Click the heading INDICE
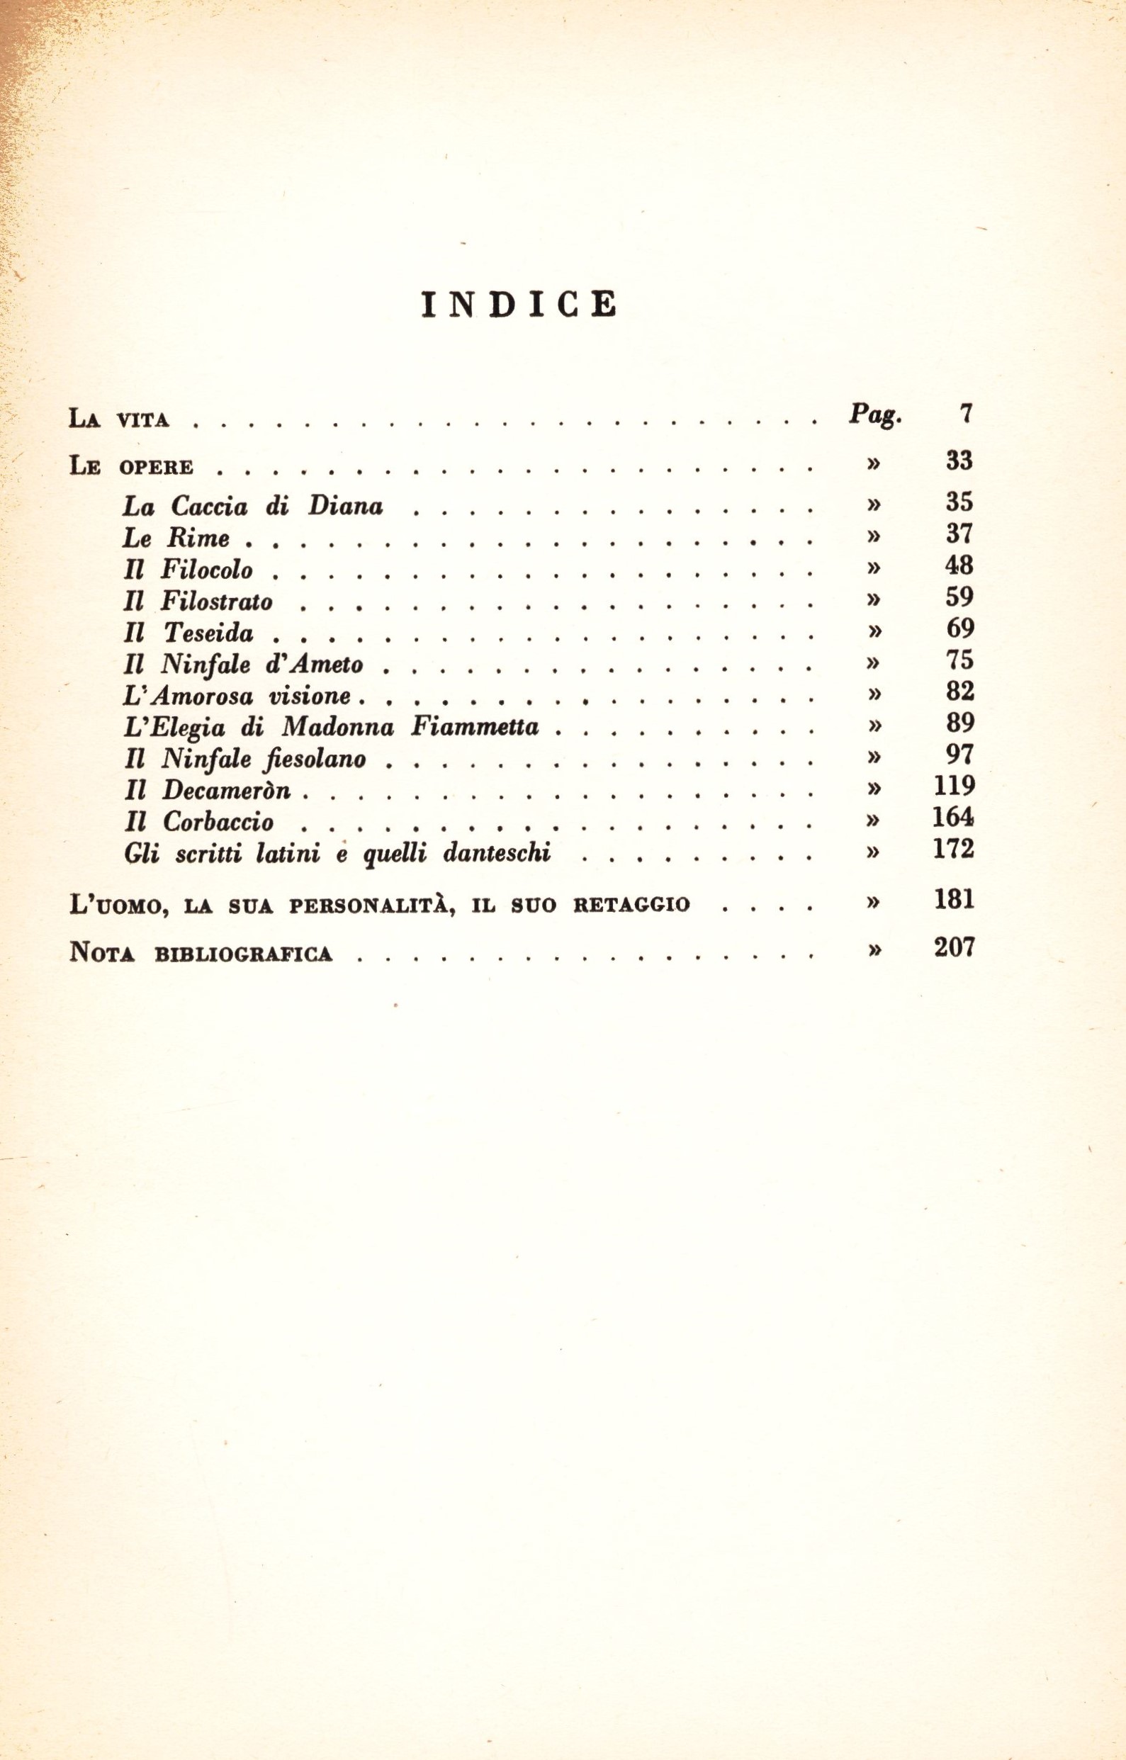(519, 305)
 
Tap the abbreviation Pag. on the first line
(874, 416)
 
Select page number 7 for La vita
(966, 414)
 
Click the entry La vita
(119, 419)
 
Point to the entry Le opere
(132, 466)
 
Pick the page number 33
(959, 461)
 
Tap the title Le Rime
(176, 538)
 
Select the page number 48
(959, 565)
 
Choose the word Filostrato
(216, 602)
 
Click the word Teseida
(208, 633)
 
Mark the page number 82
(959, 692)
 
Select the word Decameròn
(227, 790)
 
